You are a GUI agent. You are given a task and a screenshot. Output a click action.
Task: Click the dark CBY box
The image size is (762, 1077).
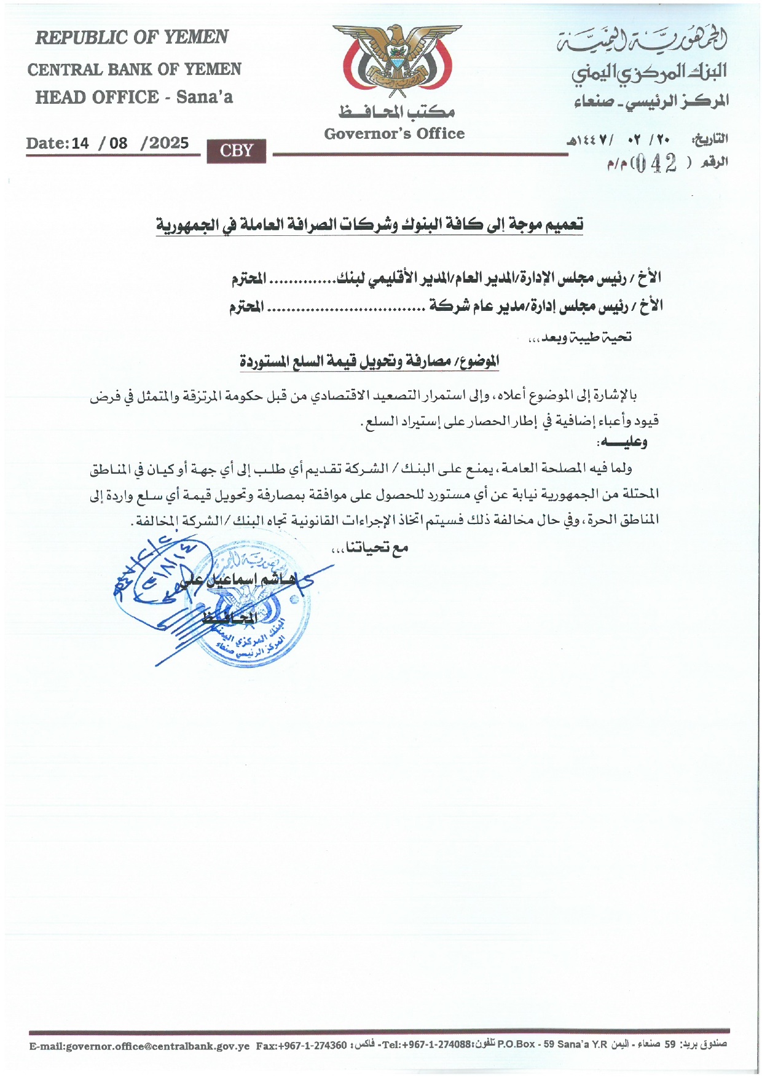point(237,151)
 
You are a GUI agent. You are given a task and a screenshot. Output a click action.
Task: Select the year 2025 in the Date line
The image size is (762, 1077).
point(169,143)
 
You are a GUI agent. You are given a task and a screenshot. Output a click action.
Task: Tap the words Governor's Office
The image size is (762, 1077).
point(395,134)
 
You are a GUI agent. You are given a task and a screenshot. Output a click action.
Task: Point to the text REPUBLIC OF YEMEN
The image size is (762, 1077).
point(132,37)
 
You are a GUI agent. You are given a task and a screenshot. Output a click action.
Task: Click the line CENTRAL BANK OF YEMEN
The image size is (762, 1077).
point(134,69)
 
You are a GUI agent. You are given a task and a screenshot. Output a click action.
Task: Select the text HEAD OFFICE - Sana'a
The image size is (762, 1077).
point(134,97)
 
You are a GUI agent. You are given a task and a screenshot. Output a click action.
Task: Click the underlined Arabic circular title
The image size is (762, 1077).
point(369,225)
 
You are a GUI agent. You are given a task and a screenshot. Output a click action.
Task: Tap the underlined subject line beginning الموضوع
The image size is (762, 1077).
point(369,362)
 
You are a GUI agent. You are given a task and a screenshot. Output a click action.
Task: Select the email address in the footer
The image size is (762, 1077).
point(139,1046)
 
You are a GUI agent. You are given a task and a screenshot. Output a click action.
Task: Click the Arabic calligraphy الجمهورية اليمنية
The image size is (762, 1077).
point(642,40)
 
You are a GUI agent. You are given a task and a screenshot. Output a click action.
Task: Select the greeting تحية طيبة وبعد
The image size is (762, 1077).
point(580,337)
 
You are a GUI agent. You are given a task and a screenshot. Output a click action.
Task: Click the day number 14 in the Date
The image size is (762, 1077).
point(81,143)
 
